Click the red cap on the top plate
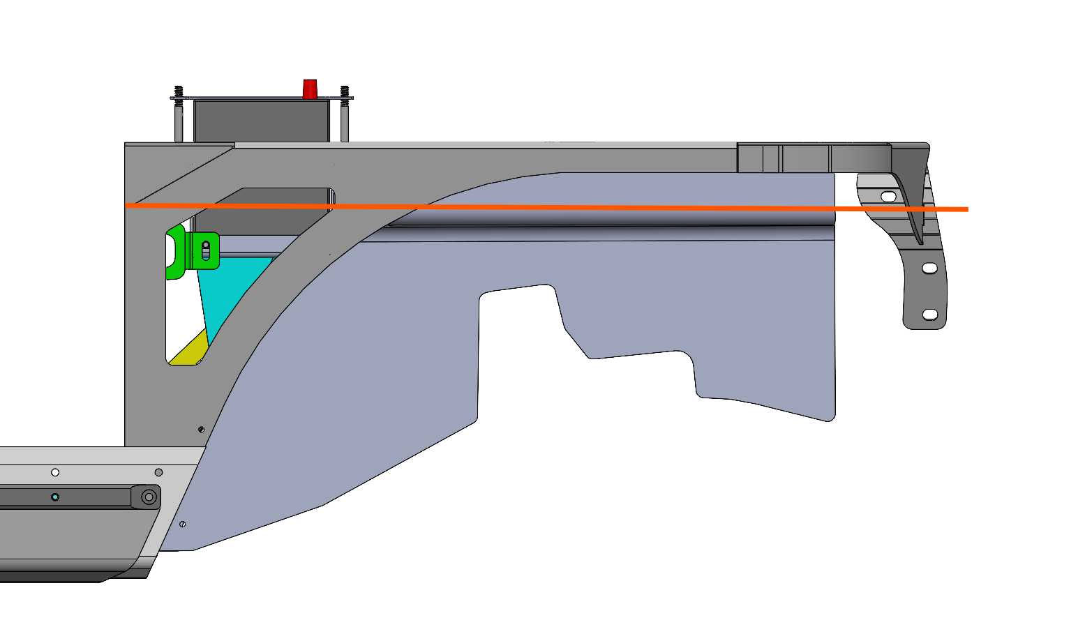pos(310,89)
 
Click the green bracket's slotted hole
pos(205,250)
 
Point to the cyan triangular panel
pos(230,286)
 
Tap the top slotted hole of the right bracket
pos(888,197)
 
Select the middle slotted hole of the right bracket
pos(929,268)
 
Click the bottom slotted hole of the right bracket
pos(929,315)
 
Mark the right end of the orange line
pos(967,209)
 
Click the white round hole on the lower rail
pos(55,472)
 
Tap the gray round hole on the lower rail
pos(158,472)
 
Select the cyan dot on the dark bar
pos(55,497)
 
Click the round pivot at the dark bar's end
pos(149,497)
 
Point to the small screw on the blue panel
pos(182,524)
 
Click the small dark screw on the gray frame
pos(201,430)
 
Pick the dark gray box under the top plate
pos(260,120)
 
